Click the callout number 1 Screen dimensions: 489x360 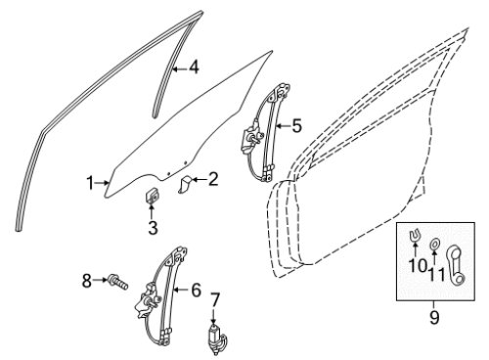coord(90,183)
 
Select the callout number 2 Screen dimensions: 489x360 coord(213,179)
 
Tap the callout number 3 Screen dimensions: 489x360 coord(153,228)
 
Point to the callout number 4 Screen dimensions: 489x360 coord(194,68)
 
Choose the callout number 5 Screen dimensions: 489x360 coord(296,126)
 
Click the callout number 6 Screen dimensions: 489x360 coord(196,290)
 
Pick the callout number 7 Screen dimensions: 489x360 coord(214,299)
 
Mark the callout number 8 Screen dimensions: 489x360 coord(86,281)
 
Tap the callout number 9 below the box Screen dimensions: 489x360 coord(434,317)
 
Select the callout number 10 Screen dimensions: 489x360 coord(418,266)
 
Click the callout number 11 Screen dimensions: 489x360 coord(436,275)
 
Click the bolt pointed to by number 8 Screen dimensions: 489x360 coord(118,282)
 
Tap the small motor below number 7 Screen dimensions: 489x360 coord(217,339)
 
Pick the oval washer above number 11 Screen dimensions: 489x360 coord(434,244)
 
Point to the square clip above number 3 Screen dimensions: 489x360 coord(152,196)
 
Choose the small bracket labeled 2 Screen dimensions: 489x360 coord(186,184)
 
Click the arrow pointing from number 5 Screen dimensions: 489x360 coord(283,126)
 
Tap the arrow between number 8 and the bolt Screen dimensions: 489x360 coord(101,280)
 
